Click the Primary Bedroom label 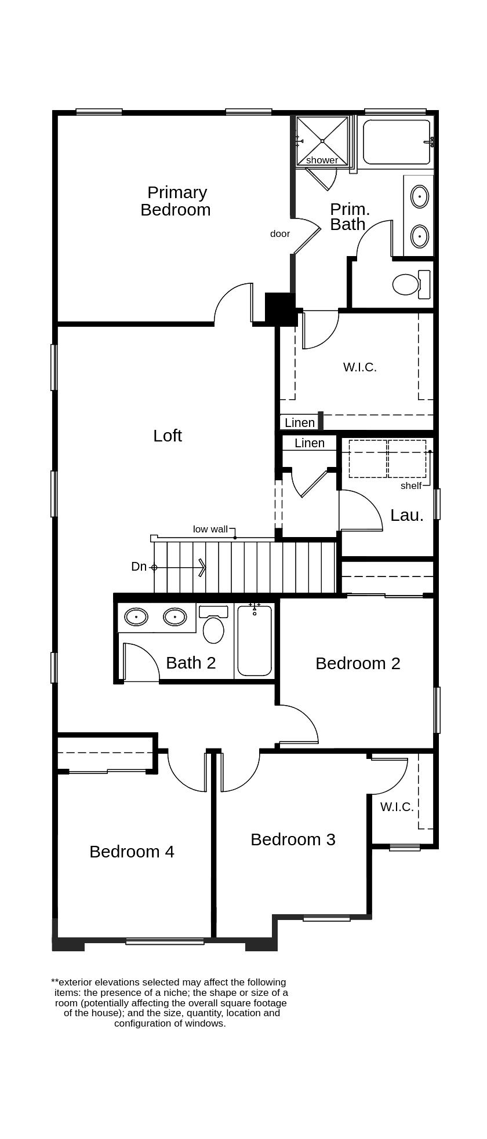(175, 201)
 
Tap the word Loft (168, 436)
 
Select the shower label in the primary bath (322, 160)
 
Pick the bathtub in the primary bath (397, 142)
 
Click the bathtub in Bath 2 (255, 640)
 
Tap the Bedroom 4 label (132, 852)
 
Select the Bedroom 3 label (293, 839)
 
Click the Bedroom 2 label (358, 663)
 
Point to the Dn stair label (139, 567)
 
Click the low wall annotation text (210, 529)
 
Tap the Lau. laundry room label (407, 515)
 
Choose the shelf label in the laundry (411, 485)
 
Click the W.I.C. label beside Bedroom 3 (397, 806)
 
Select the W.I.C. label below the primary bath (360, 367)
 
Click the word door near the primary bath (280, 233)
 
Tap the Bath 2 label (191, 663)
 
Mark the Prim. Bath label (350, 217)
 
